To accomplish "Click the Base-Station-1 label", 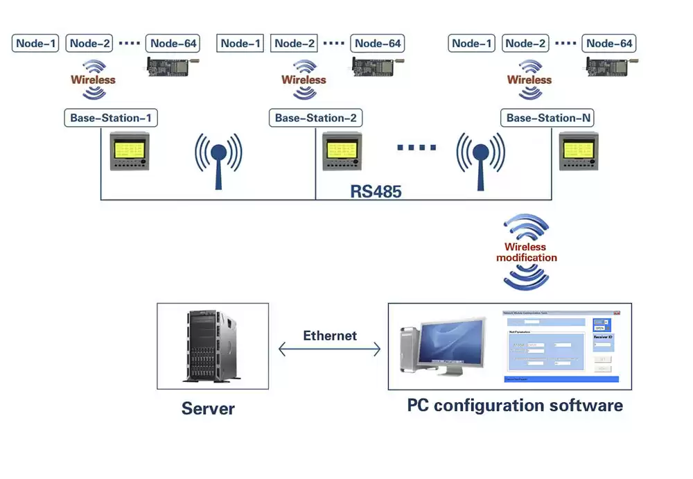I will [x=110, y=118].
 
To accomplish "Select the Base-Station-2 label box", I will [x=315, y=118].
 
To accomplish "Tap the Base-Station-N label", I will [x=548, y=118].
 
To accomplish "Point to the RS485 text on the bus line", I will [x=376, y=191].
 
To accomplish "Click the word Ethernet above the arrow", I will [x=330, y=336].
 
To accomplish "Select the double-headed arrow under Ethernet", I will [x=330, y=349].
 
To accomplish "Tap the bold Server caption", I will [x=208, y=408].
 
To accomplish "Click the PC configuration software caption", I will [x=514, y=406].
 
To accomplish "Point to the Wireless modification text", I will [x=526, y=252].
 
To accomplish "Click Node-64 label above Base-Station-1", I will [x=174, y=44].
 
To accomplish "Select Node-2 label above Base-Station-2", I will [x=295, y=44].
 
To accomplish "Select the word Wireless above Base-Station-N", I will [x=529, y=80].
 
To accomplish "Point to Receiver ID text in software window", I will [x=603, y=338].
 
